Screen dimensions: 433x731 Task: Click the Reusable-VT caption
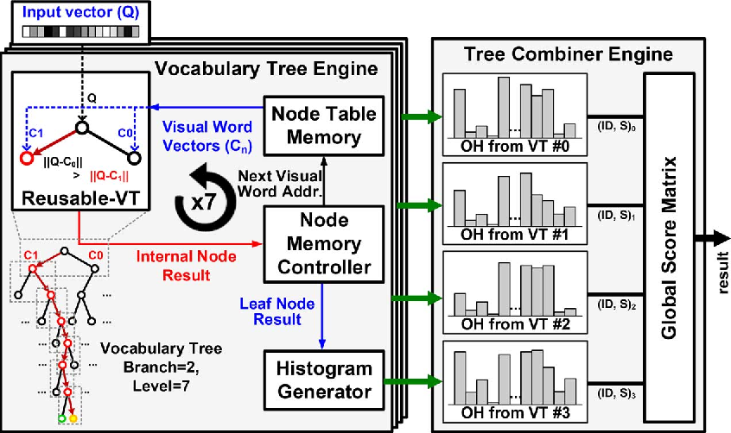78,197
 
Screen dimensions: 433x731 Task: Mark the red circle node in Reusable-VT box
27,158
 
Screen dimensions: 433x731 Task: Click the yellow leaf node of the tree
73,418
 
